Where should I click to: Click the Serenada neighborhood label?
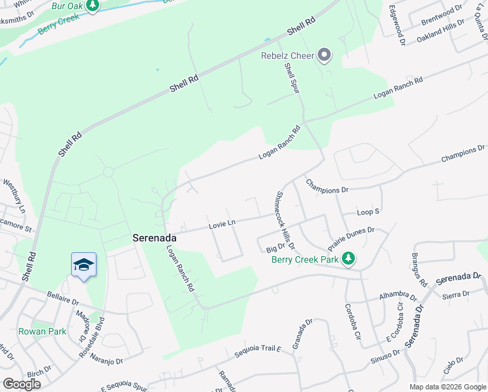(x=155, y=238)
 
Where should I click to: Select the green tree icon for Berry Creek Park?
(x=349, y=259)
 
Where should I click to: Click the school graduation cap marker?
(x=84, y=265)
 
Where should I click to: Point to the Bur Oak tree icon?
(x=93, y=6)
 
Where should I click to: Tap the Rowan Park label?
(x=42, y=331)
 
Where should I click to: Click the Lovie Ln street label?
(x=222, y=224)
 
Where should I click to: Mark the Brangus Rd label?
(x=419, y=269)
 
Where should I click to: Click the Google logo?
(x=22, y=384)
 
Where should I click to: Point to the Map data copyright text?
(x=447, y=387)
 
